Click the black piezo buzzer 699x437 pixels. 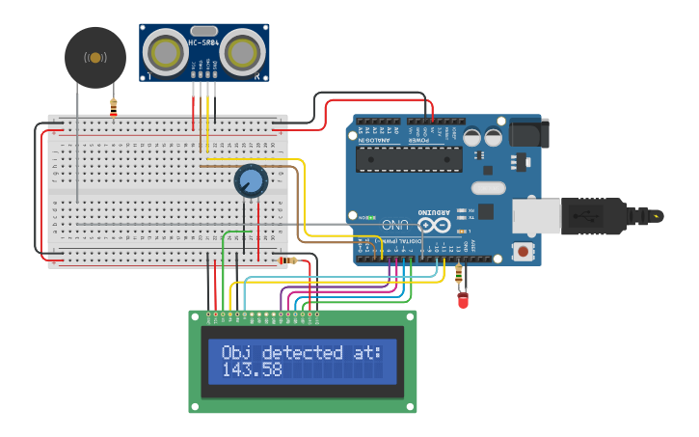coord(94,58)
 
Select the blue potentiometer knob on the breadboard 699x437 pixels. coord(251,180)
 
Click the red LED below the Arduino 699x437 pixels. coord(463,301)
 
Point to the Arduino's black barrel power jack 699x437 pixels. coord(527,132)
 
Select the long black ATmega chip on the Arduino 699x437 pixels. coord(408,159)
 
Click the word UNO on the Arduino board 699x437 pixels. coord(395,225)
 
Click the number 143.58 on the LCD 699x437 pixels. coord(252,369)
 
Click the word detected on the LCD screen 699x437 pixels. coord(307,352)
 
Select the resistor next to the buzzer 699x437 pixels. coord(114,106)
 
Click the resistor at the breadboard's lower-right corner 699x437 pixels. coord(286,259)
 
